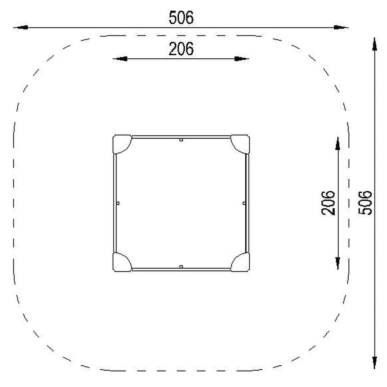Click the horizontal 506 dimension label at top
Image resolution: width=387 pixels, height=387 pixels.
click(x=181, y=18)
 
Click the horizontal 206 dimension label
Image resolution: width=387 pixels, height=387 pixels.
click(x=181, y=49)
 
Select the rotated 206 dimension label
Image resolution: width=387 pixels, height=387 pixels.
click(x=328, y=203)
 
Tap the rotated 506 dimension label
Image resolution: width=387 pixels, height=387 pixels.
click(x=365, y=203)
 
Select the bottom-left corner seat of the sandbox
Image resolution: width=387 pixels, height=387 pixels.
click(x=121, y=263)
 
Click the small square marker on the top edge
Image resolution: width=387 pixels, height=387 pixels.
click(x=181, y=140)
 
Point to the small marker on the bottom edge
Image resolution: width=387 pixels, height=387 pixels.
click(x=181, y=267)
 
